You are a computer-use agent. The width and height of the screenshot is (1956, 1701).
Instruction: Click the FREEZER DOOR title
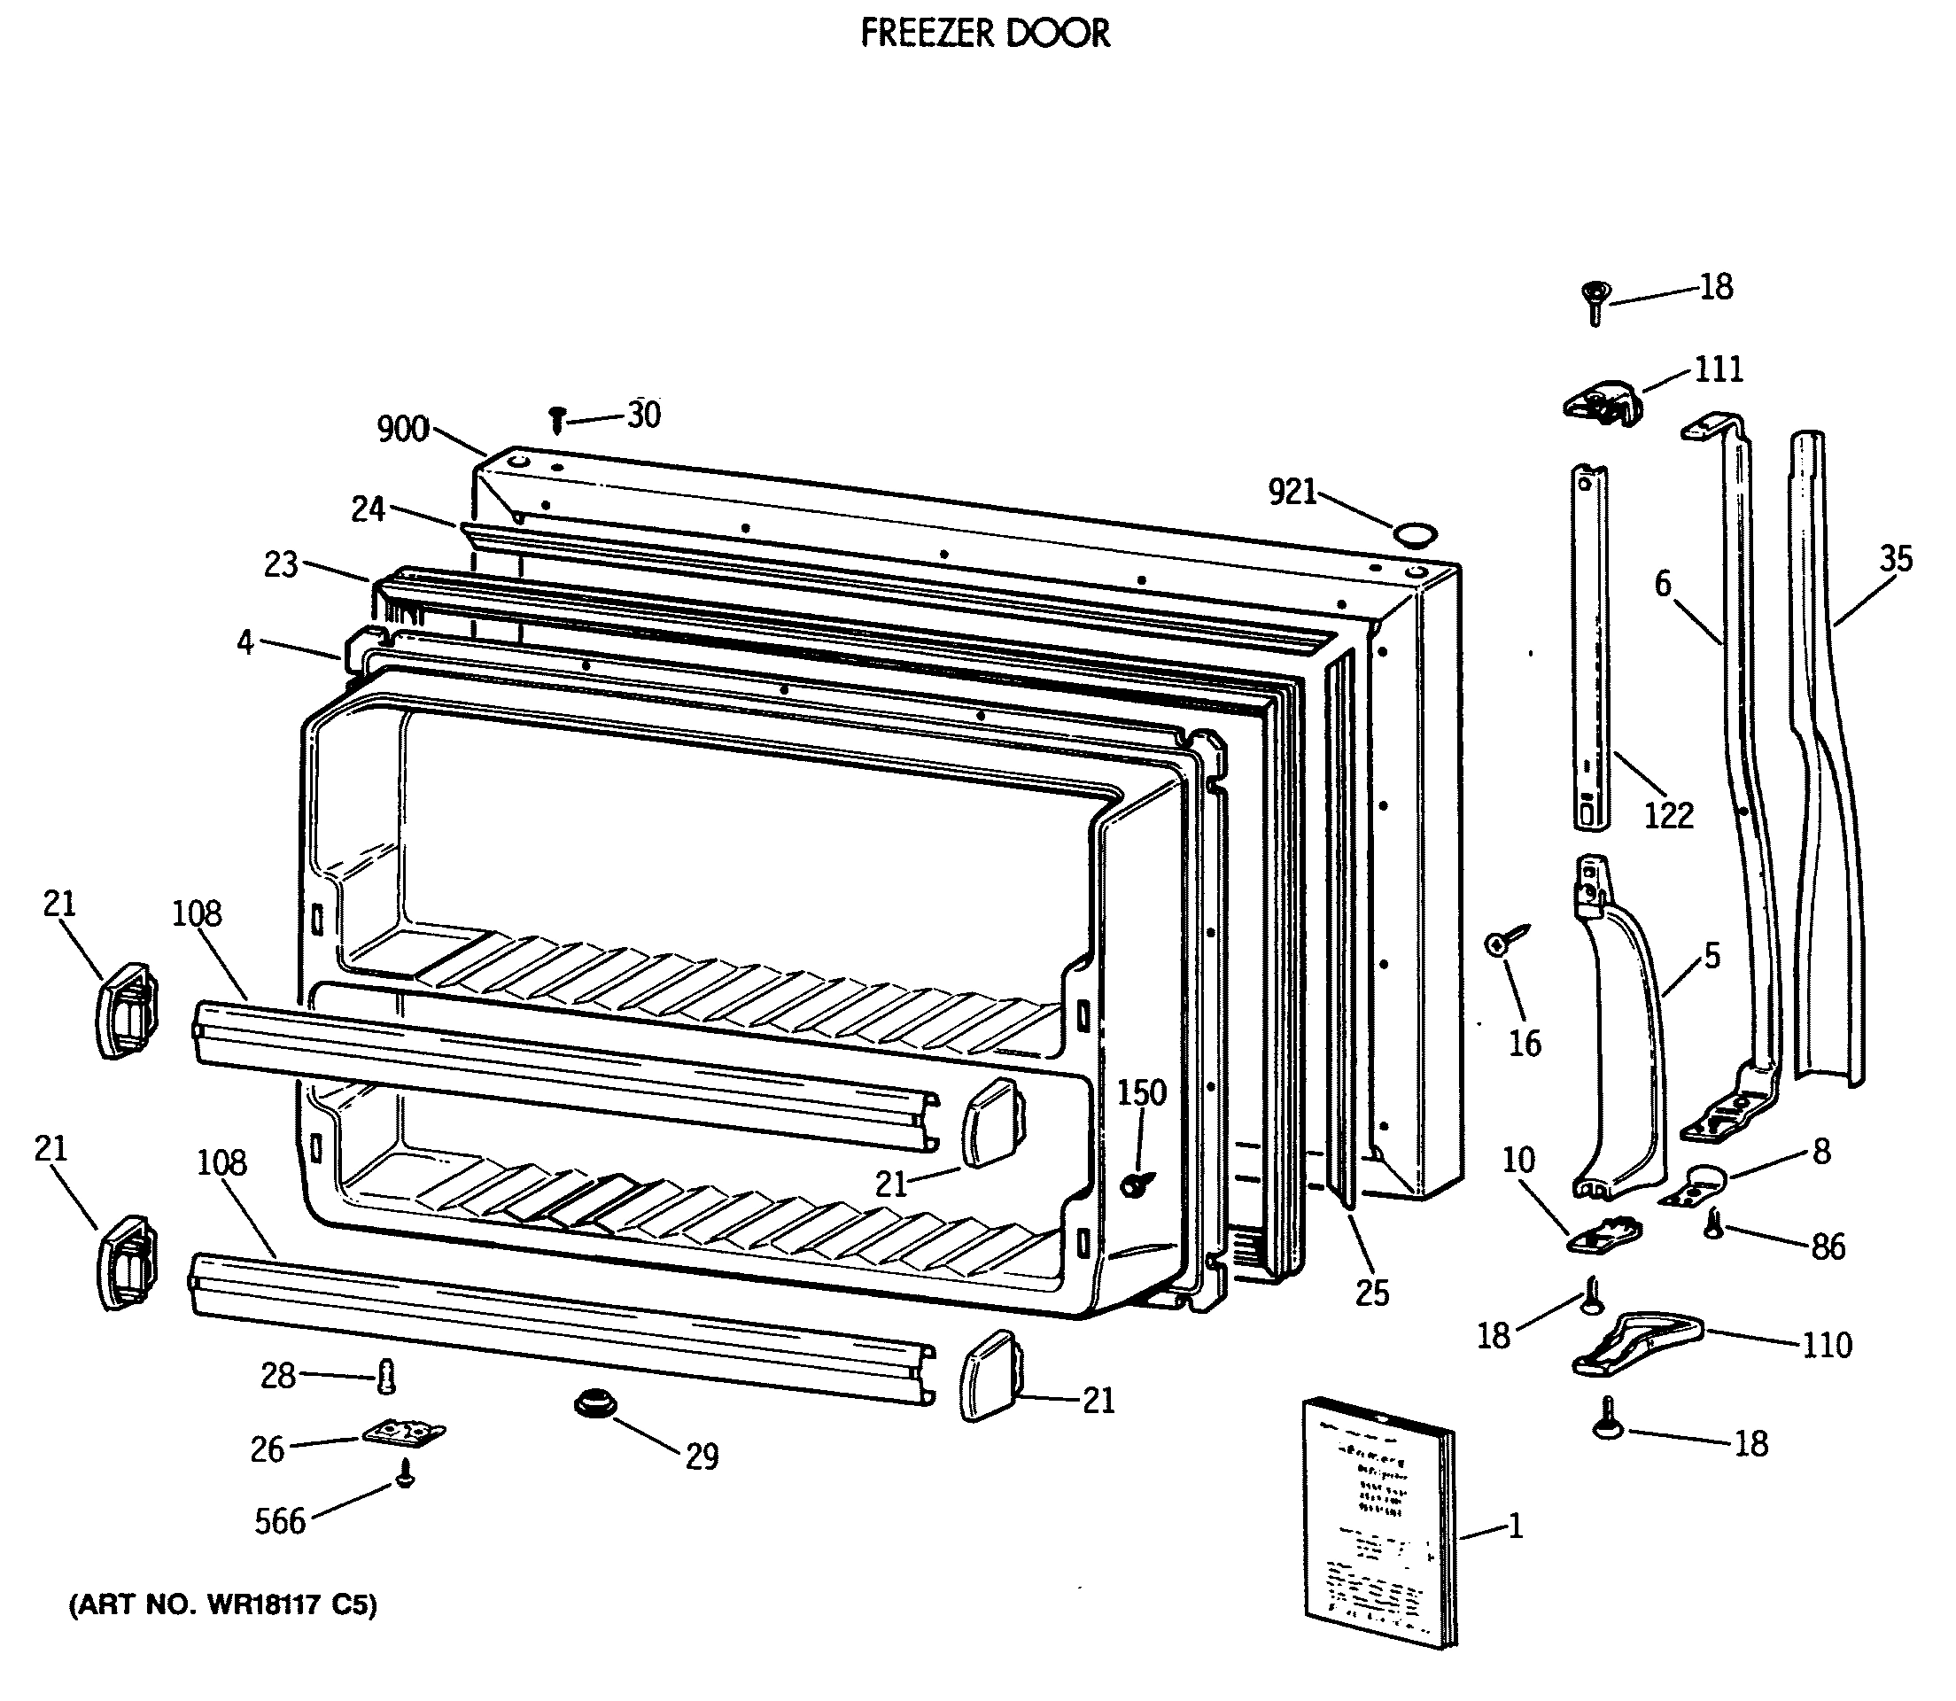984,34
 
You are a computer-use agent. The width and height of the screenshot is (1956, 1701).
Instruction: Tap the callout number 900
402,429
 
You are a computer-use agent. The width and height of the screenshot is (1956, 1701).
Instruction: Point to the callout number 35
1895,559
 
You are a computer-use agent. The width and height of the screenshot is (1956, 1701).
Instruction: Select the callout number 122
1667,815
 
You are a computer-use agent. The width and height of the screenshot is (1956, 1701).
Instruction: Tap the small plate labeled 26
404,1433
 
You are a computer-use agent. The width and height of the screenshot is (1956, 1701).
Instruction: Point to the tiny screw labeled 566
405,1475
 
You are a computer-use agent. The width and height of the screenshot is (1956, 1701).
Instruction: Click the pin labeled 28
385,1375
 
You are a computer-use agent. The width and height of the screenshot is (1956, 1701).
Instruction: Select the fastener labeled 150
1135,1184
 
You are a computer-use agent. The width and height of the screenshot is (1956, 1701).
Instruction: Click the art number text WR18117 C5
222,1605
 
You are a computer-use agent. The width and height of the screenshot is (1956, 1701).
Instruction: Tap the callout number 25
1371,1292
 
